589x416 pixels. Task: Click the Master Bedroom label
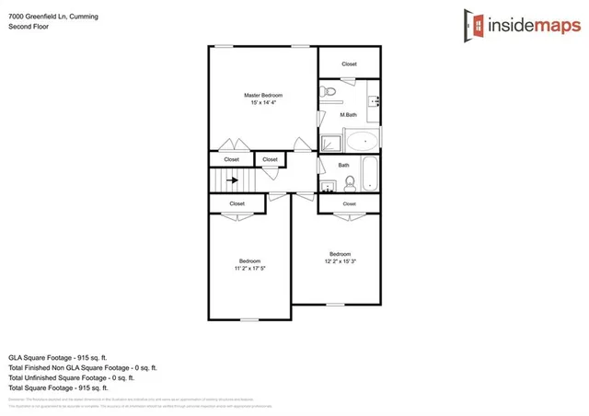tap(262, 96)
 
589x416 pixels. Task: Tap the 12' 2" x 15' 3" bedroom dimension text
tap(340, 262)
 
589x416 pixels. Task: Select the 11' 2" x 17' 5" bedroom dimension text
tap(250, 269)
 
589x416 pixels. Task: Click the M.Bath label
tap(348, 115)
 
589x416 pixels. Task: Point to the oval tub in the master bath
tap(362, 142)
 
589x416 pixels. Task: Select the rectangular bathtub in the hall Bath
tap(369, 173)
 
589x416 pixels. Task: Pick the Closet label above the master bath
tap(349, 64)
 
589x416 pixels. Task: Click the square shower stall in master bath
tap(329, 142)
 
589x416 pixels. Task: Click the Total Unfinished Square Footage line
tap(71, 377)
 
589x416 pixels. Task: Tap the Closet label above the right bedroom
tap(349, 203)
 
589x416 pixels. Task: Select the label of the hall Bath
tap(343, 166)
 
